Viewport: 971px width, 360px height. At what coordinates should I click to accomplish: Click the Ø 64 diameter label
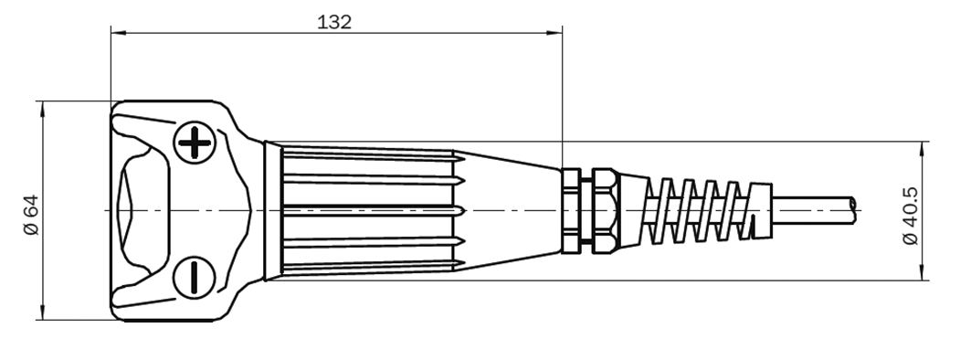(30, 217)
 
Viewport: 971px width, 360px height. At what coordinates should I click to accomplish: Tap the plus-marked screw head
(194, 143)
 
